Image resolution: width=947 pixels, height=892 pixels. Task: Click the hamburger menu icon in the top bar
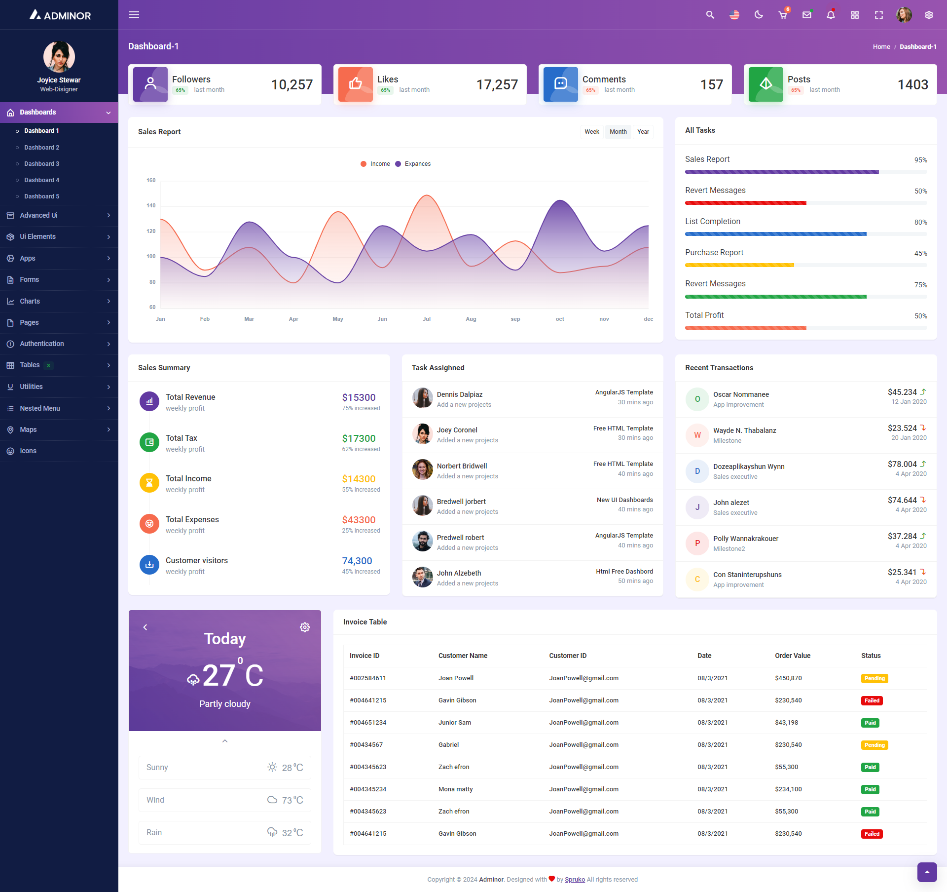click(x=134, y=15)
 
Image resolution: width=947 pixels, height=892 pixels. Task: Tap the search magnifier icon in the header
click(x=710, y=15)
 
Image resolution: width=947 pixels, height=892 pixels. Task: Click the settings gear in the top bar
click(x=929, y=15)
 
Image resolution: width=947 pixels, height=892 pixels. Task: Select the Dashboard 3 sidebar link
click(x=41, y=164)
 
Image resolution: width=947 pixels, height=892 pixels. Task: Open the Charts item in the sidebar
click(x=30, y=301)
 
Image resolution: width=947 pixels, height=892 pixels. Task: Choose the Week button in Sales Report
click(x=591, y=132)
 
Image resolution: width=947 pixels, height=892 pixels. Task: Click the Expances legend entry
click(x=417, y=164)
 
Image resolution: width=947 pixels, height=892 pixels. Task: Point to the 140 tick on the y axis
click(x=151, y=205)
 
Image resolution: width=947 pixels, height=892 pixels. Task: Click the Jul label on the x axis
click(x=427, y=319)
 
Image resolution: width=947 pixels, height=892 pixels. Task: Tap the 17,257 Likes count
click(x=497, y=85)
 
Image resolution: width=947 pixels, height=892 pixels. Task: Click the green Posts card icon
click(x=765, y=84)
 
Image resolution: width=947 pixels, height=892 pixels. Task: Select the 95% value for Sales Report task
click(x=920, y=160)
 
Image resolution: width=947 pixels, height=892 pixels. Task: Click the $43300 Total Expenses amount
click(x=359, y=520)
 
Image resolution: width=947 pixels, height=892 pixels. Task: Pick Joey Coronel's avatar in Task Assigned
click(x=423, y=434)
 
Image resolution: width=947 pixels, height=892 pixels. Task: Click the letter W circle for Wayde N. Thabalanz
click(x=697, y=435)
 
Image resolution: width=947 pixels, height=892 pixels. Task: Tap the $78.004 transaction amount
click(x=902, y=464)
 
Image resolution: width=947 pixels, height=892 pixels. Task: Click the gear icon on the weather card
click(x=305, y=627)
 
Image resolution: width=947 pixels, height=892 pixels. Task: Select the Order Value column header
click(x=792, y=656)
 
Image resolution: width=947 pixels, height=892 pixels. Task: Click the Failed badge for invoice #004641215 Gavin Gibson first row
click(x=872, y=700)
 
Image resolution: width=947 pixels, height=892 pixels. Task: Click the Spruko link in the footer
click(x=575, y=879)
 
